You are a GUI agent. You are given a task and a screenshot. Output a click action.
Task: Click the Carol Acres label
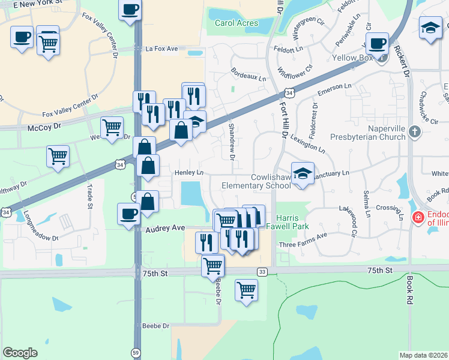click(x=237, y=23)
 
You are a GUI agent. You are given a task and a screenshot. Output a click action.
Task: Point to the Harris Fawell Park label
click(x=292, y=222)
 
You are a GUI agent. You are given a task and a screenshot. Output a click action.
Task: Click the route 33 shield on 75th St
click(x=262, y=272)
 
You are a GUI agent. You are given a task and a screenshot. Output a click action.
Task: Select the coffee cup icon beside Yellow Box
click(x=378, y=43)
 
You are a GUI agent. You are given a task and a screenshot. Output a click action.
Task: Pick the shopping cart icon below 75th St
click(x=247, y=290)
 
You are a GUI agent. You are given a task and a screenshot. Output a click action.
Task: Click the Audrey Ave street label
click(x=164, y=229)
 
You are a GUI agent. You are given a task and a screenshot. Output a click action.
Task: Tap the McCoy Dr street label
click(x=44, y=128)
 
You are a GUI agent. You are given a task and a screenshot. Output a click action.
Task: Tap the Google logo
click(x=20, y=353)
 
